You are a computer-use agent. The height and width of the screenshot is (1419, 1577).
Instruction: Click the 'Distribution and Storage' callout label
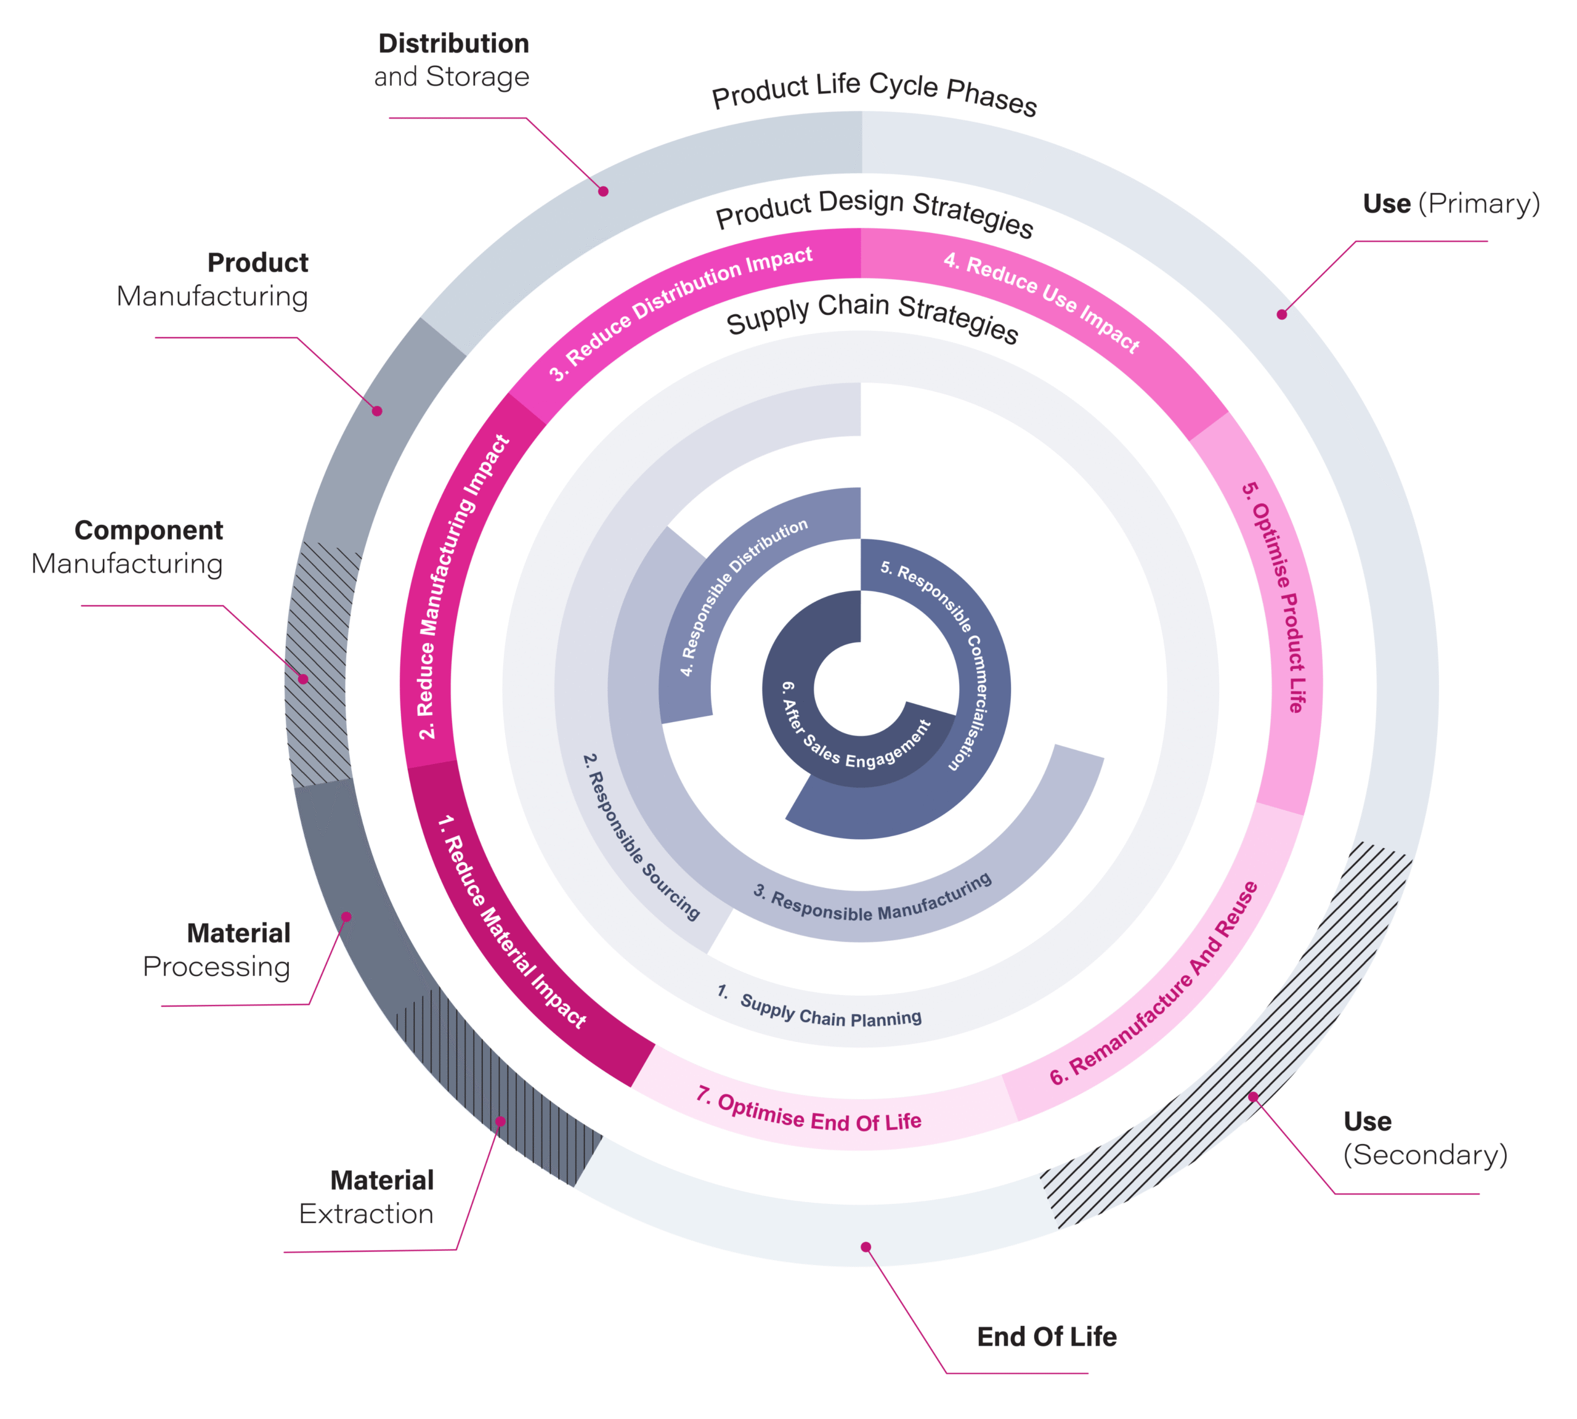[x=452, y=60]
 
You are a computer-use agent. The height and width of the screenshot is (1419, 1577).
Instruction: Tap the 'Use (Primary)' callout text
[x=1451, y=203]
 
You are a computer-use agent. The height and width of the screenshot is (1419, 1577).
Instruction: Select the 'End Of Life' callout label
[x=1046, y=1336]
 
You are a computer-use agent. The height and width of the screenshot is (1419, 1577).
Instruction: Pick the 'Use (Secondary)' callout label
[x=1425, y=1137]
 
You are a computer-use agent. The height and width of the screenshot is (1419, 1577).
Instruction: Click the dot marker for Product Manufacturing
[x=377, y=411]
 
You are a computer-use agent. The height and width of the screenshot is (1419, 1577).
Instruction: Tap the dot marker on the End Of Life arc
[x=866, y=1246]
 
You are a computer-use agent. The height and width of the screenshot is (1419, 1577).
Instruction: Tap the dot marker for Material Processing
[x=347, y=917]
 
